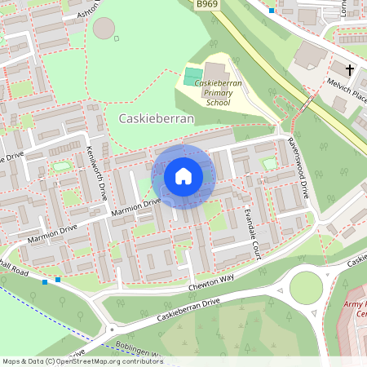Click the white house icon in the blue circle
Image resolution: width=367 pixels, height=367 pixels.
[x=183, y=176]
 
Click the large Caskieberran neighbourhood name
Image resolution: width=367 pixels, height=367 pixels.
[x=157, y=118]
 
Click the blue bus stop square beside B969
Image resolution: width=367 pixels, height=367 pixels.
[x=271, y=10]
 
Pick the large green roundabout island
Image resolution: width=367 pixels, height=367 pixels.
[x=306, y=287]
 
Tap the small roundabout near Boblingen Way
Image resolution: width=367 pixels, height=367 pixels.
[x=111, y=329]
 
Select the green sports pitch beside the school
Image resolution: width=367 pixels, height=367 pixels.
[x=192, y=76]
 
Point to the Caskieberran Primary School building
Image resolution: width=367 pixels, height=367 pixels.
[x=217, y=73]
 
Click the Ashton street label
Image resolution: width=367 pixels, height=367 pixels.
[x=89, y=10]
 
